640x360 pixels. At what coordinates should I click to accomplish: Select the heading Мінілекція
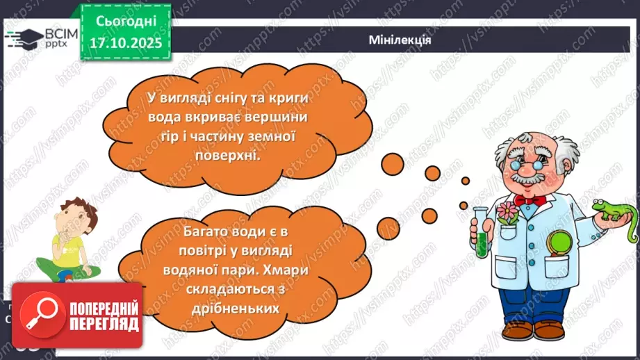click(x=400, y=40)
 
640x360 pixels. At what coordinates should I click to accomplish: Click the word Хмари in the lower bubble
click(x=266, y=267)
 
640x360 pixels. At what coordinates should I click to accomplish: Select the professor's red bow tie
click(x=532, y=199)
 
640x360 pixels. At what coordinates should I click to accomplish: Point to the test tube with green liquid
click(x=482, y=229)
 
